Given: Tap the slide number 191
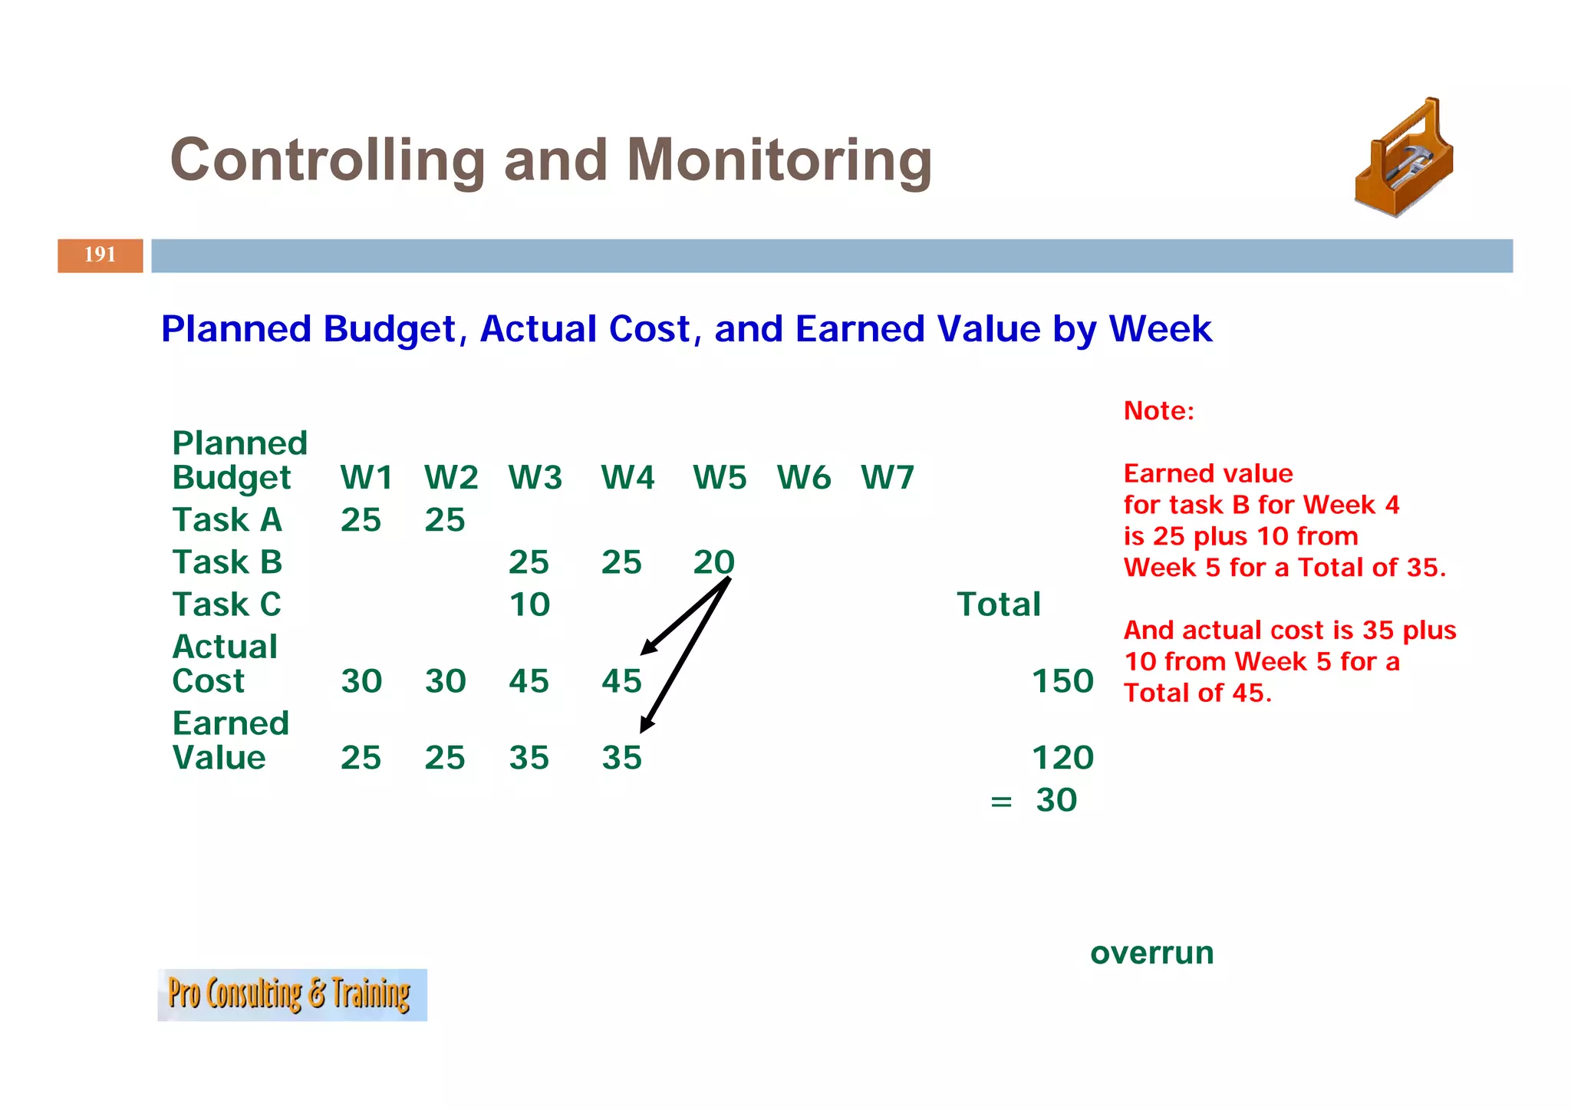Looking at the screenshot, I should pos(100,255).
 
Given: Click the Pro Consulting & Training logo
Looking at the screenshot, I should pos(291,994).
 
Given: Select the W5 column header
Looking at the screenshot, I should pos(719,478).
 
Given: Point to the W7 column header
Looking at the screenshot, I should pos(887,478).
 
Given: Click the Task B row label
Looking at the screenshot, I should pos(227,562).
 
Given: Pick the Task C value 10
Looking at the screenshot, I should pos(529,604).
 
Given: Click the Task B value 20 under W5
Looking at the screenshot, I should pos(713,562).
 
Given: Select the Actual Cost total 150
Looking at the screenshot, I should pos(1062,681).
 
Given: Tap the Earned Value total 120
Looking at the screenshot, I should pos(1062,758).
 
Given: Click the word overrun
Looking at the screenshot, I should pos(1151,953).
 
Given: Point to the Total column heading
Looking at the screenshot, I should pos(998,604).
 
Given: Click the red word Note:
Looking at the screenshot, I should pos(1158,411).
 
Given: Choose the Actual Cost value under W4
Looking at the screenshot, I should pos(621,681).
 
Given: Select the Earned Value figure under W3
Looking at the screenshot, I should pos(529,758).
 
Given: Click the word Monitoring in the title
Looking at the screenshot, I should pos(779,160).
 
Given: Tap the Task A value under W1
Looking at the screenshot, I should pos(361,520).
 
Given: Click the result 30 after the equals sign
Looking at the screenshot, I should pos(1056,800).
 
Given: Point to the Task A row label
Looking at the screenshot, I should pos(227,520).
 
